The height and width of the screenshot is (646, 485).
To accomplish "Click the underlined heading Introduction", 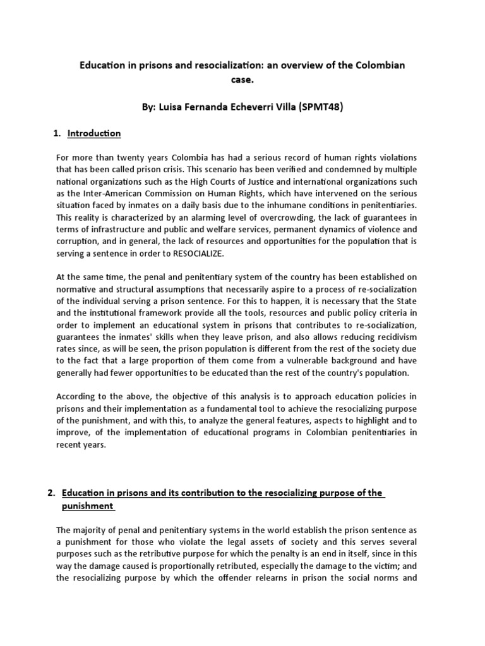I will [x=95, y=134].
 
